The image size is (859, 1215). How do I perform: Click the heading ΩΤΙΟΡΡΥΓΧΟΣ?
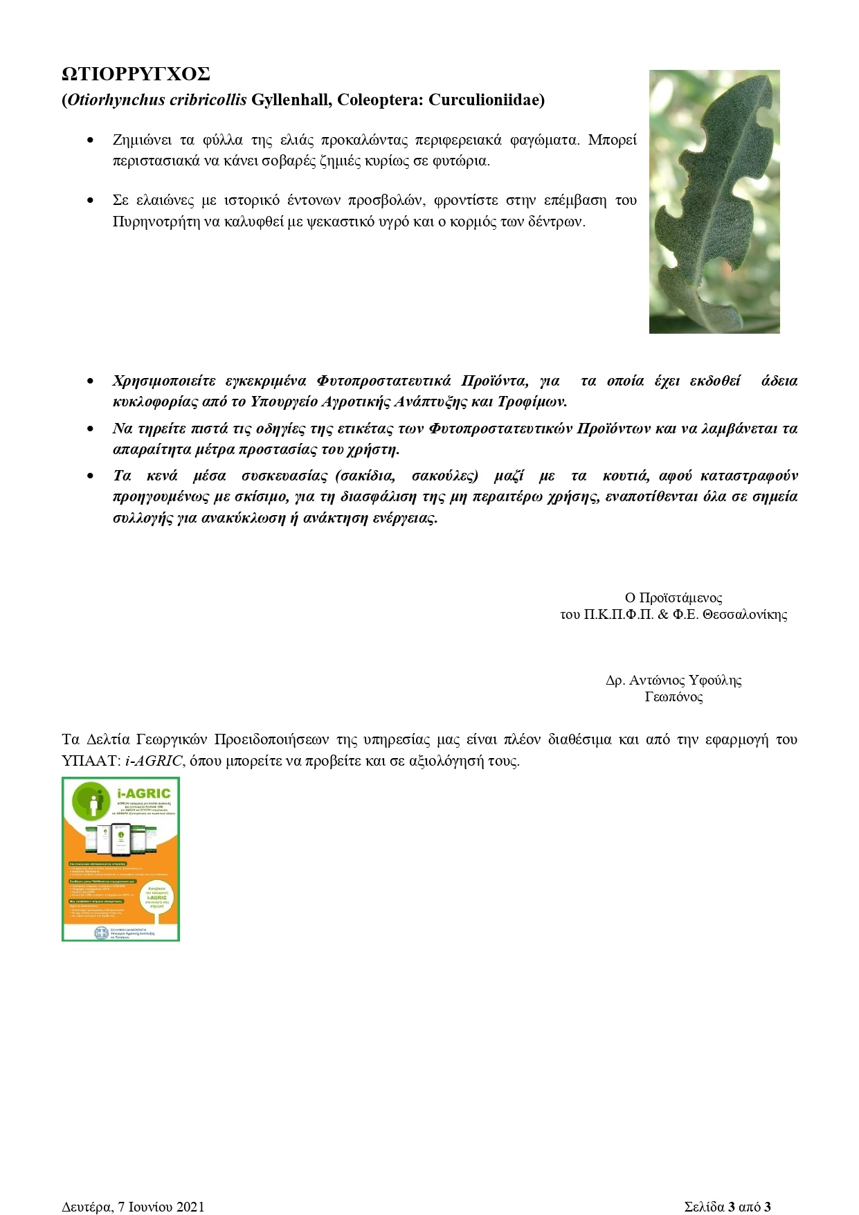[136, 75]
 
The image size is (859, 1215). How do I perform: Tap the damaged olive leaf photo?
[714, 201]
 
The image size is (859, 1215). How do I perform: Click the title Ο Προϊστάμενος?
[673, 598]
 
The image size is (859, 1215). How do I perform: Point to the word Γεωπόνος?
[673, 697]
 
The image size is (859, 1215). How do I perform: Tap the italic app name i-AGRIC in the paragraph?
[154, 761]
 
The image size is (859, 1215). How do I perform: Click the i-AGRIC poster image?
[120, 858]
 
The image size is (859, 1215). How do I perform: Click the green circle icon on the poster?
[92, 803]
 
